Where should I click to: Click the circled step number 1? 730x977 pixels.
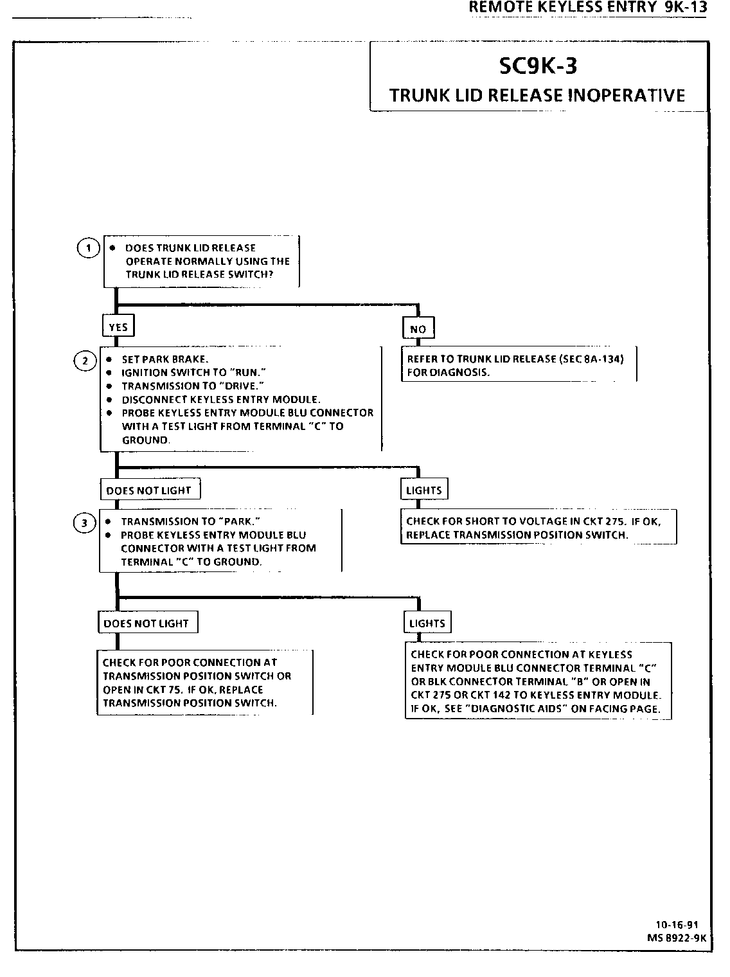pos(88,249)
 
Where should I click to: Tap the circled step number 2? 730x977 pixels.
pos(85,361)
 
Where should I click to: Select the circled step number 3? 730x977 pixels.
pos(84,523)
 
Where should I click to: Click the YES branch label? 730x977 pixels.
pos(118,327)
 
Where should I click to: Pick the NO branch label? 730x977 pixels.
pos(418,329)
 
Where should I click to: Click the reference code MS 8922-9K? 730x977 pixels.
pos(677,937)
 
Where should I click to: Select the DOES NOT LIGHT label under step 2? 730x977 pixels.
pos(149,490)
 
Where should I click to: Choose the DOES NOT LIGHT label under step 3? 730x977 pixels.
pos(147,623)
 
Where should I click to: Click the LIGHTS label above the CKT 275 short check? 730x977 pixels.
pos(424,490)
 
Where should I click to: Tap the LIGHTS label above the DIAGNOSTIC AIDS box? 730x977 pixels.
pos(427,623)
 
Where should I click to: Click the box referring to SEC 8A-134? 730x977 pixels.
pos(518,366)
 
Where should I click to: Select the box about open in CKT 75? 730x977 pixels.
pos(204,683)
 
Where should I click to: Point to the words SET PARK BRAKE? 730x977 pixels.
pos(165,359)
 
